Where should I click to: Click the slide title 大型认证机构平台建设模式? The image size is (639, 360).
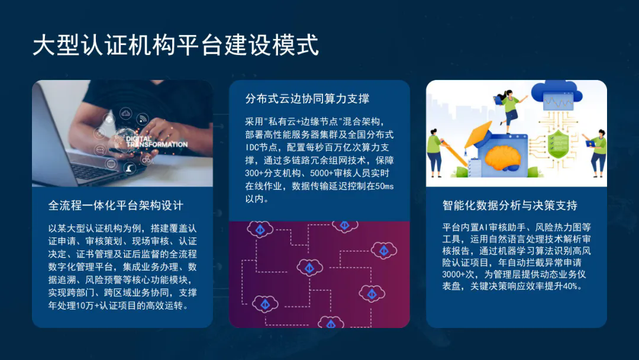[176, 45]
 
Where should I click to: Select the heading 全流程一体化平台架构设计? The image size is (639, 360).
[116, 205]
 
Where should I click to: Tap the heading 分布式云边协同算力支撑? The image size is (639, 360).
[307, 99]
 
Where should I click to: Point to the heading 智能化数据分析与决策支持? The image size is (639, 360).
[510, 205]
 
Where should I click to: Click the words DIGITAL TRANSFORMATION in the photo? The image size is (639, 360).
[156, 142]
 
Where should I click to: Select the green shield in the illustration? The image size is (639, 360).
[559, 144]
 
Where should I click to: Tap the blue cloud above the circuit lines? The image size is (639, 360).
[557, 95]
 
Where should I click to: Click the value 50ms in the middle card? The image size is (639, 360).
[385, 187]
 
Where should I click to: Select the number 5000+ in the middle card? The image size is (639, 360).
[321, 173]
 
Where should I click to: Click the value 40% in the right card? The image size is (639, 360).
[570, 286]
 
